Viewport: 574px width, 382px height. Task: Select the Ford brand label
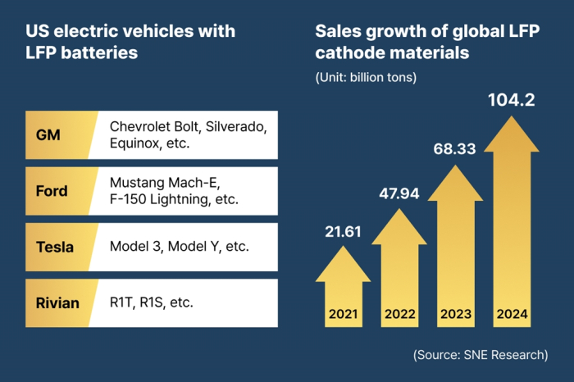click(x=52, y=191)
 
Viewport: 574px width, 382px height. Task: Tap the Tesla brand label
click(x=54, y=246)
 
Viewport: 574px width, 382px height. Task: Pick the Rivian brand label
click(x=58, y=303)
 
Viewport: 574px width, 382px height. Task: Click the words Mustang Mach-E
click(x=158, y=183)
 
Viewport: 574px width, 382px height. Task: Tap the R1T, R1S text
click(x=139, y=302)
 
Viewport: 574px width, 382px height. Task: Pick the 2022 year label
click(x=399, y=312)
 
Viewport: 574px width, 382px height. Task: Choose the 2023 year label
click(x=455, y=312)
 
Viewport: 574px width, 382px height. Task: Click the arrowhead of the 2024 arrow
click(x=511, y=135)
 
